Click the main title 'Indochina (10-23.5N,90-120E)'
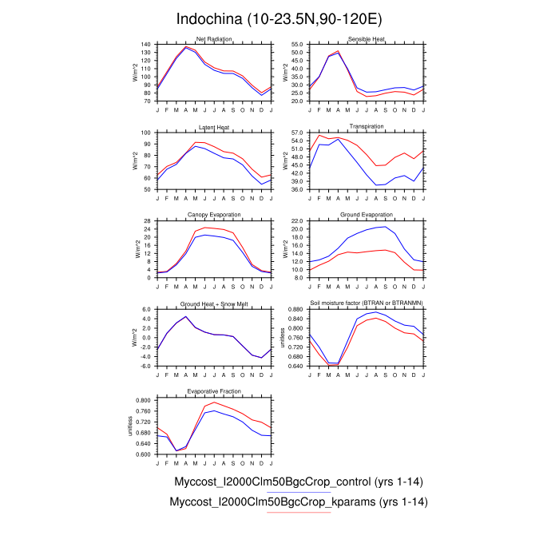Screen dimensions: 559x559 point(279,18)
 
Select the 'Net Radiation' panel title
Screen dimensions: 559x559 point(214,39)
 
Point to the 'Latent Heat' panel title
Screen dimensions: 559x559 point(214,127)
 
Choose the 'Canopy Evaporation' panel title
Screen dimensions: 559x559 point(214,215)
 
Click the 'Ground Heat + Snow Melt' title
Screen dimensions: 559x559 point(214,303)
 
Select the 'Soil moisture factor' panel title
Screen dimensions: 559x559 point(367,303)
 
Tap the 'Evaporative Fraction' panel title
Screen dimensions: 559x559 point(214,391)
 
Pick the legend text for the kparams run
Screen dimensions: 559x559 point(299,502)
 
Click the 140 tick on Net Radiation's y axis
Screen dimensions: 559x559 point(146,45)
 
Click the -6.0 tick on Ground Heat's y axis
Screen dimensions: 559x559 point(145,367)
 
